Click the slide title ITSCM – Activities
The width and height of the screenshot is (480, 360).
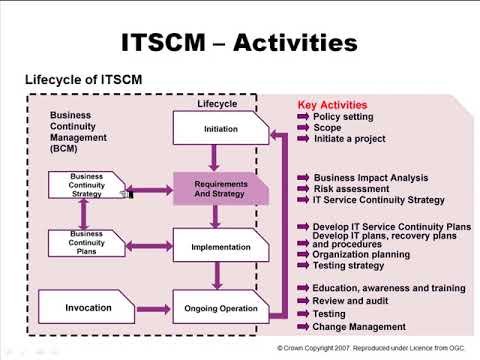pos(239,42)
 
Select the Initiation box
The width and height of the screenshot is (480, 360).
pos(220,128)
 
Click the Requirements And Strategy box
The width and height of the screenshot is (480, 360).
pos(220,189)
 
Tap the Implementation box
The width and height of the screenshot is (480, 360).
pos(220,246)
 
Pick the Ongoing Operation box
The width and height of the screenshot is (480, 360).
pos(220,308)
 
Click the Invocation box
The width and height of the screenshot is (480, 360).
pos(88,308)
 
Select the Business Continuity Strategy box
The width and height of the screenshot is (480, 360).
pos(86,185)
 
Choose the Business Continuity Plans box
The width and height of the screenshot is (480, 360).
pos(86,243)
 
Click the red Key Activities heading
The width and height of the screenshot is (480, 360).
pos(332,105)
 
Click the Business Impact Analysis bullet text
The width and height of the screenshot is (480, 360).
pos(370,178)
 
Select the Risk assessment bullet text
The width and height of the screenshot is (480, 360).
pos(351,189)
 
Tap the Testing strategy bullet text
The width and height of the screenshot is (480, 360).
pos(348,265)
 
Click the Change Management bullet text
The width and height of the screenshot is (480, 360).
pos(359,326)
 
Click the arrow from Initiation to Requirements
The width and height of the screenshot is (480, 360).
pos(214,157)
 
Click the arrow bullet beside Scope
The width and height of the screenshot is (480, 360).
pos(304,129)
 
